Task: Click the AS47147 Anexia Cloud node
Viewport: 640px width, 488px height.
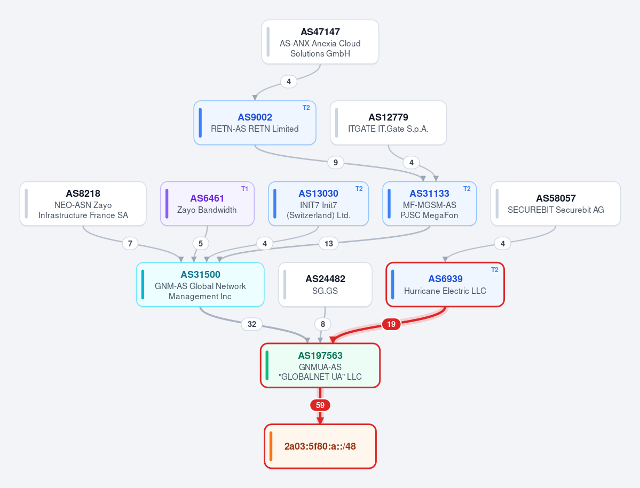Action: (x=320, y=42)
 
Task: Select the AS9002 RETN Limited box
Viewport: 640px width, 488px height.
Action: (x=255, y=123)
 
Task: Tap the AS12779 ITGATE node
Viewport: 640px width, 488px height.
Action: (x=388, y=123)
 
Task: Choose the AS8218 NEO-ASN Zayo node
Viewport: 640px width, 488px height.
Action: (x=83, y=204)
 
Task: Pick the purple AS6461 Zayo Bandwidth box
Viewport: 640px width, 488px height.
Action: (x=207, y=204)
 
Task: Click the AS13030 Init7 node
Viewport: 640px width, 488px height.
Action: (x=318, y=204)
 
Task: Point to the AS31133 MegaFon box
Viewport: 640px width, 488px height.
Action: (x=429, y=204)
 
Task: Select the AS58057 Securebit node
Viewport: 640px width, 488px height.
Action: (x=556, y=204)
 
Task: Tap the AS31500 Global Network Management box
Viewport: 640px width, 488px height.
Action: (x=200, y=285)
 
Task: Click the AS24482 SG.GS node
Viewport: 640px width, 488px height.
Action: (x=325, y=285)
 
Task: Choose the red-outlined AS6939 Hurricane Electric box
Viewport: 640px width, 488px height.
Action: (x=445, y=285)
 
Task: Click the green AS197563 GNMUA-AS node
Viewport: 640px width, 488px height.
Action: (x=320, y=365)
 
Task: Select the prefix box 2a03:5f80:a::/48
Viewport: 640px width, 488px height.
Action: (x=320, y=446)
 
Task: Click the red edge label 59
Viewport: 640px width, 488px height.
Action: (x=320, y=405)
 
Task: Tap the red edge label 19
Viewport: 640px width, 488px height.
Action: (x=391, y=324)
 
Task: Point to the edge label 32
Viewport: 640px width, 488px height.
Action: (x=252, y=324)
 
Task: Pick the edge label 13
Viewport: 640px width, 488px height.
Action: (x=329, y=244)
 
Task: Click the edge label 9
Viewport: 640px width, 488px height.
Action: (x=336, y=163)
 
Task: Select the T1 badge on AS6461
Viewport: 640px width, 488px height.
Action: (x=244, y=189)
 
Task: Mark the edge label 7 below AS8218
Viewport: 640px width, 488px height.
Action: (x=130, y=244)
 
